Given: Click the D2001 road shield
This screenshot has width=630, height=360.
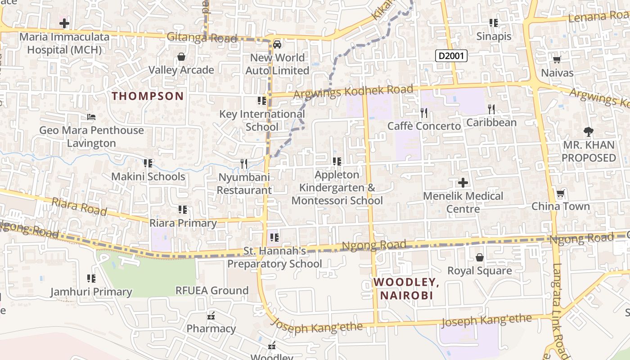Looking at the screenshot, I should click(x=451, y=56).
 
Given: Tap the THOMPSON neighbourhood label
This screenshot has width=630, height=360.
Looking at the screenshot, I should click(x=148, y=96).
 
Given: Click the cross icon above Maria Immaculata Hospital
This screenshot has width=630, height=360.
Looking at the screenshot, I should click(x=64, y=23).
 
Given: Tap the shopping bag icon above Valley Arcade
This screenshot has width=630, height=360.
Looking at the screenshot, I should click(x=181, y=57).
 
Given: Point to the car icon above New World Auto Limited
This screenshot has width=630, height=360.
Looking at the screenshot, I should click(x=277, y=44).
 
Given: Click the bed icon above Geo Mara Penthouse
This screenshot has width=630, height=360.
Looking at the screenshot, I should click(x=91, y=117).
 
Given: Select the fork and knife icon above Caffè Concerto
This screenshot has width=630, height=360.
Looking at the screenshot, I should click(x=424, y=112).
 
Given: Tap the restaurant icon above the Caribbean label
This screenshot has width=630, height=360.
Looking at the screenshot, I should click(x=491, y=109).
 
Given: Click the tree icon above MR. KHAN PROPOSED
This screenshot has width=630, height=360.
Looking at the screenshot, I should click(x=588, y=132).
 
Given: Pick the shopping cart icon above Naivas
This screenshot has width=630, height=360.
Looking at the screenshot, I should click(x=557, y=59).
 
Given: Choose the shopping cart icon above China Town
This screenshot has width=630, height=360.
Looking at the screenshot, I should click(x=560, y=193).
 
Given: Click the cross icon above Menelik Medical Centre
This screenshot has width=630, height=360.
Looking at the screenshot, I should click(x=463, y=183).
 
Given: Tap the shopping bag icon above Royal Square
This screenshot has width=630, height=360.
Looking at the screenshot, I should click(x=480, y=257).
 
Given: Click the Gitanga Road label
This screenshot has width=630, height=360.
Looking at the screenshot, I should click(x=202, y=38).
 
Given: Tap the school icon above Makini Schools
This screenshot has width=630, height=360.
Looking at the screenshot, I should click(x=148, y=163).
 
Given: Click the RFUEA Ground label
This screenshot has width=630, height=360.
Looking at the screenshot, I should click(x=211, y=291).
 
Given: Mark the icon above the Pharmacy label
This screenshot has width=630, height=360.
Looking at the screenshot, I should click(x=211, y=315).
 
